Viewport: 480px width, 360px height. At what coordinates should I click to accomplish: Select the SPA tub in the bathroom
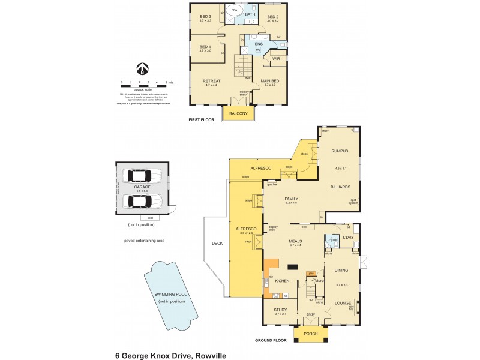pos(234,11)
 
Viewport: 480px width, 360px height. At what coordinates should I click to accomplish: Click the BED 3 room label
pos(205,17)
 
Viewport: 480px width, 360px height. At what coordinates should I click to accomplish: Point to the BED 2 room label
pos(272,17)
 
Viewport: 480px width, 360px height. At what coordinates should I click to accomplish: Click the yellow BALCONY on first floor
pos(238,114)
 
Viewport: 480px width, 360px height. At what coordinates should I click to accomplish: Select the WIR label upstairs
pos(276,59)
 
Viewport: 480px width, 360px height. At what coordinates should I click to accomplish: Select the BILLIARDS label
pos(340,187)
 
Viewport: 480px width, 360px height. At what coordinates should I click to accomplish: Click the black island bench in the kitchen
pos(293,267)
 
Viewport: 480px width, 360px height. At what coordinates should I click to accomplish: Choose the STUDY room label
pos(281,310)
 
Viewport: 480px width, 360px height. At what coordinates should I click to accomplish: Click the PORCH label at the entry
pos(310,335)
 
